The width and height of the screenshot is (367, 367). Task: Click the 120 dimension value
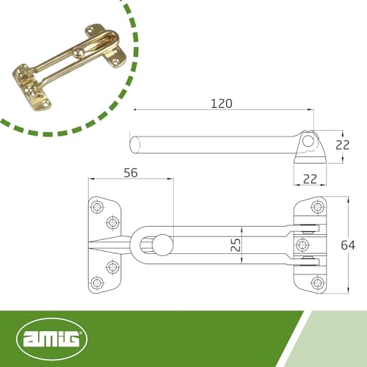click(220, 103)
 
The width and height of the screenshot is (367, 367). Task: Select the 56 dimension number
click(131, 173)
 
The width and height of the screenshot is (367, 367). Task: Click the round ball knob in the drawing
click(163, 244)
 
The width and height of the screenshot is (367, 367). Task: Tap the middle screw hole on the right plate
click(301, 244)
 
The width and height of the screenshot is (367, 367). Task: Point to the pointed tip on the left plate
click(90, 244)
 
